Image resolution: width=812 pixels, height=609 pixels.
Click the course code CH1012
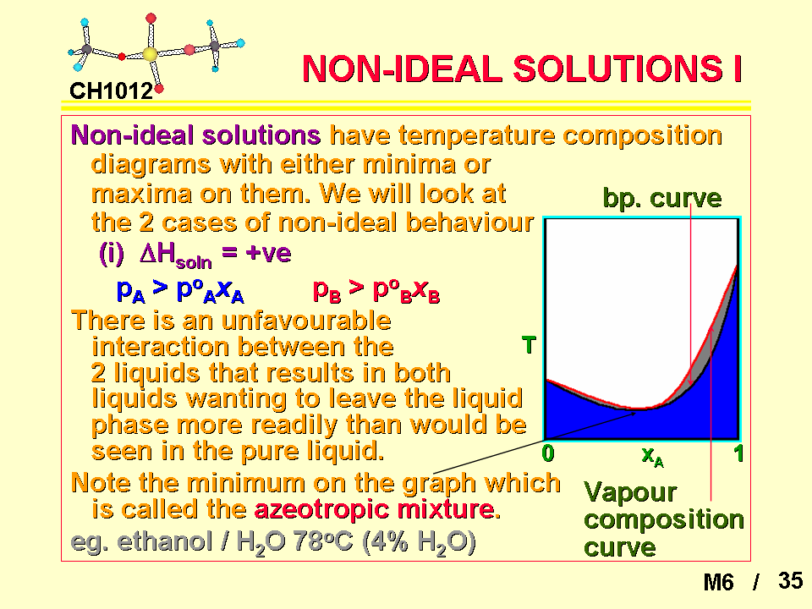[x=112, y=91]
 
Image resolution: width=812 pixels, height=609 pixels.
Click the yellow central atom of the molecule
[x=150, y=54]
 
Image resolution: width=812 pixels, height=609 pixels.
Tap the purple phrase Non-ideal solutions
[x=195, y=135]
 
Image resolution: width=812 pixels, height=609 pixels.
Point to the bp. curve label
[x=661, y=198]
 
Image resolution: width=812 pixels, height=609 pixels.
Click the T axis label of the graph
[x=529, y=345]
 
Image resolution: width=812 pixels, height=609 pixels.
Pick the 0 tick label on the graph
[x=548, y=453]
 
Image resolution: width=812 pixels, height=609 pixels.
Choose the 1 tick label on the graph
[x=739, y=453]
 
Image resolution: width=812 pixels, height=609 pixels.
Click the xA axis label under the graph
[x=652, y=456]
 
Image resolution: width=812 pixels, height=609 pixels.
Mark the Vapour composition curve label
[x=663, y=518]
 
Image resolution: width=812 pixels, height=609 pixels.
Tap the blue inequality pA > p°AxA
[x=179, y=291]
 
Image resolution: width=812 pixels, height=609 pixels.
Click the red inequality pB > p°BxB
[x=376, y=291]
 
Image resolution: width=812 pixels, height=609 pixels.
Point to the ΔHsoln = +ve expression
[x=195, y=255]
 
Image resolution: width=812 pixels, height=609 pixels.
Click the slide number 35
[x=790, y=581]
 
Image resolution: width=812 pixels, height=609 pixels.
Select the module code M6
[x=718, y=582]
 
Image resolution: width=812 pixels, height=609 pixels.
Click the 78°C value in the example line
[x=322, y=542]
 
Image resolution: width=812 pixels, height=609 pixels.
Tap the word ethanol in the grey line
[x=165, y=541]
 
